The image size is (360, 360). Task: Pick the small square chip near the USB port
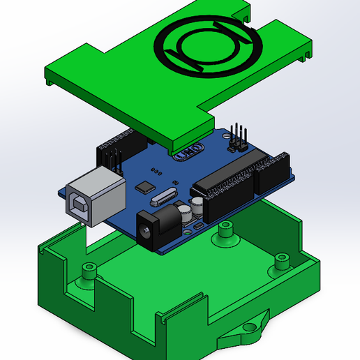[146, 186]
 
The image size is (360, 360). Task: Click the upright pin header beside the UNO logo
[237, 137]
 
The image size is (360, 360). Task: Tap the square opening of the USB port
[79, 206]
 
